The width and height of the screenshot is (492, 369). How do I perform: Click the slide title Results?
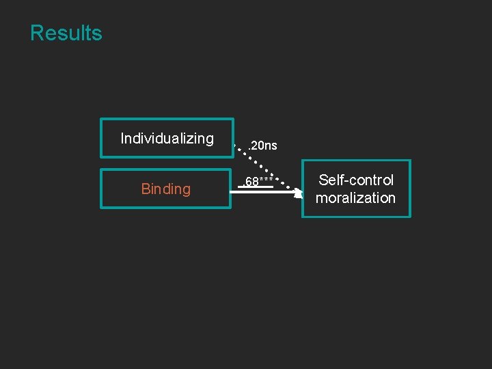click(66, 33)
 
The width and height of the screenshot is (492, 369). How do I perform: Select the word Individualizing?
click(167, 139)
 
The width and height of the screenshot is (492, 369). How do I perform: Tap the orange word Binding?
click(166, 189)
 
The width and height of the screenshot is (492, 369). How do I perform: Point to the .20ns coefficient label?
click(262, 146)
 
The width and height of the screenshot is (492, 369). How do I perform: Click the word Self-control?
click(356, 180)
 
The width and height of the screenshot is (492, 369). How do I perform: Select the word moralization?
click(355, 198)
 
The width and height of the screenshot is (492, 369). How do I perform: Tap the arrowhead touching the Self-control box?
click(298, 193)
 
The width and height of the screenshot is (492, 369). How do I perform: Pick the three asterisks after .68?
click(267, 180)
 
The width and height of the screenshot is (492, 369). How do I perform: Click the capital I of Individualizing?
click(122, 139)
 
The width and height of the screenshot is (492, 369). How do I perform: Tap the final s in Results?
click(97, 33)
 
